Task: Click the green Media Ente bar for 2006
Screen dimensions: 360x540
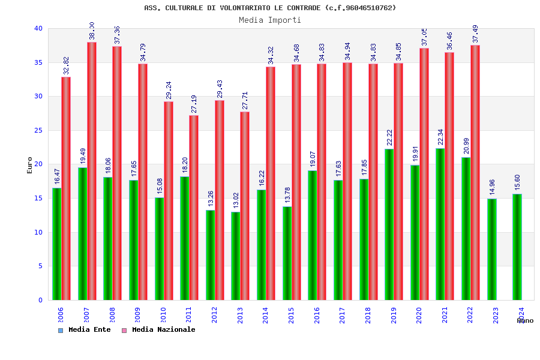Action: click(x=56, y=244)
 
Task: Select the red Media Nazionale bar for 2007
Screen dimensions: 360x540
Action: click(x=92, y=171)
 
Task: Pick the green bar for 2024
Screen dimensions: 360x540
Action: click(x=517, y=247)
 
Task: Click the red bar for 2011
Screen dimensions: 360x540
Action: click(x=194, y=208)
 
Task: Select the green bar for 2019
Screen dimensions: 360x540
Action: click(x=389, y=224)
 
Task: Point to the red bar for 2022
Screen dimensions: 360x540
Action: click(x=475, y=173)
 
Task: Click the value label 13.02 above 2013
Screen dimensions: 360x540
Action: click(x=235, y=199)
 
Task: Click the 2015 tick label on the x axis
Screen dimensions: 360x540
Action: click(x=291, y=315)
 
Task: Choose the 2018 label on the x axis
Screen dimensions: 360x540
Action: click(x=368, y=315)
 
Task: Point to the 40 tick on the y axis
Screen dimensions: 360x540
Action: click(x=38, y=28)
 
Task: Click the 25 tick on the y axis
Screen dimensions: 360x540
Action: click(x=38, y=130)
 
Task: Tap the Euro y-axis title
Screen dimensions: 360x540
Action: click(x=30, y=165)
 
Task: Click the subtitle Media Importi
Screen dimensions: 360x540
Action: click(x=270, y=20)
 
